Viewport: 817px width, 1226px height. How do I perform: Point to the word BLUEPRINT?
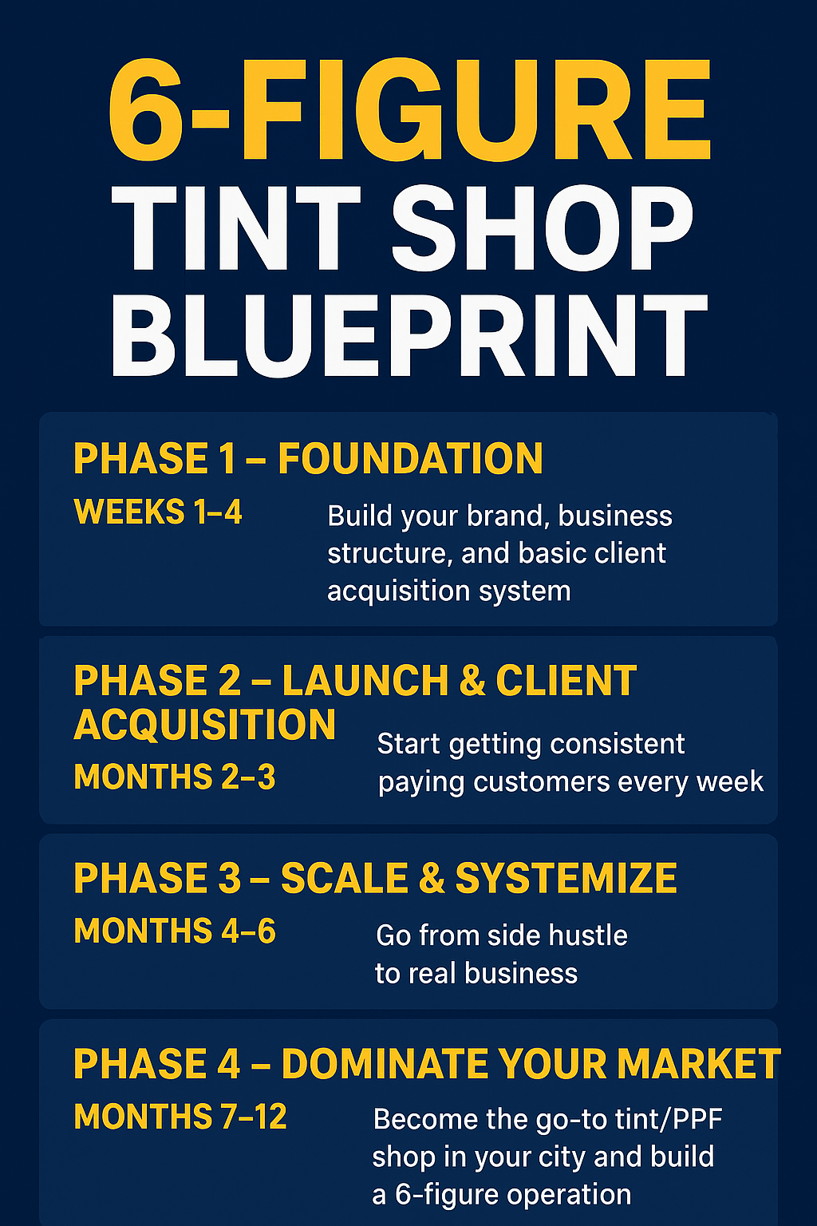[x=408, y=335]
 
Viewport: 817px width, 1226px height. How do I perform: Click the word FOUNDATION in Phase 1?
[x=410, y=459]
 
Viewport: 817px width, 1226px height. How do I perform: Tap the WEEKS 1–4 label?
[x=157, y=512]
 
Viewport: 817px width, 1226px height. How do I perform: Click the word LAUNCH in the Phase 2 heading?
[x=365, y=681]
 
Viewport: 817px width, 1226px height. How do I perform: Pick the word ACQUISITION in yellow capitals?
[x=205, y=725]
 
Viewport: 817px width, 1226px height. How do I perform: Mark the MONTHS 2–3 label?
[x=175, y=777]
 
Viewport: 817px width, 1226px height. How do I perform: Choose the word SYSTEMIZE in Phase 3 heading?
[x=566, y=878]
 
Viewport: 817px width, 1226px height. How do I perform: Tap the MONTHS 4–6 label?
[x=175, y=931]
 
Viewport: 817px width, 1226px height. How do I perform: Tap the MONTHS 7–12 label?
[x=180, y=1117]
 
